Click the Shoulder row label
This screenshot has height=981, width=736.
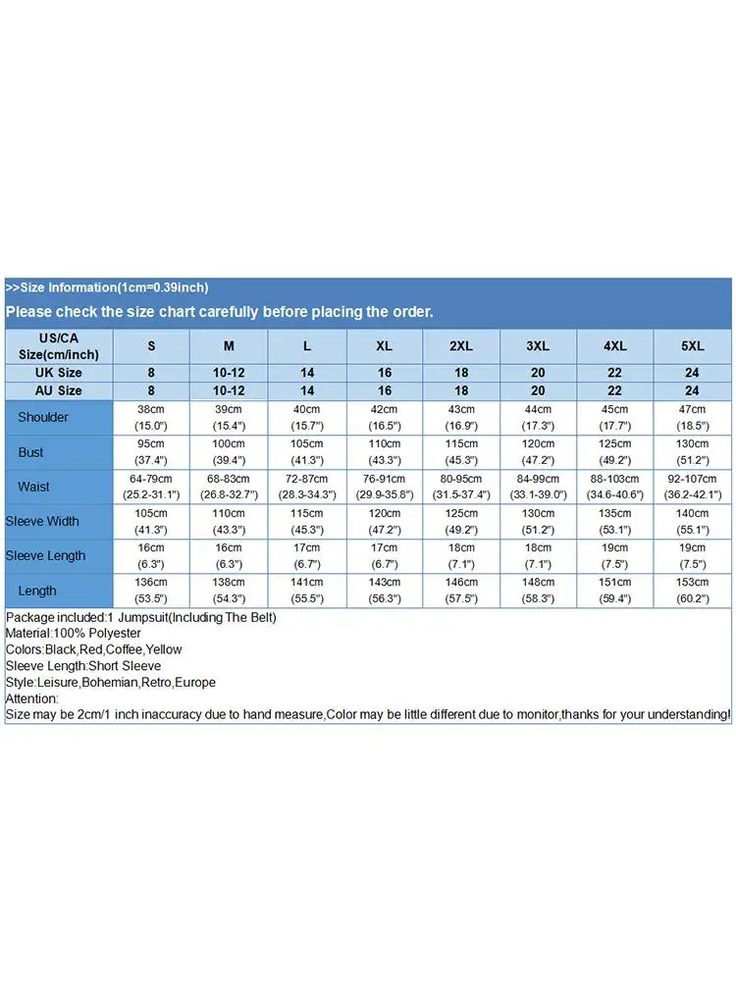[43, 417]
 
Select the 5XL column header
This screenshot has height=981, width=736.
[693, 346]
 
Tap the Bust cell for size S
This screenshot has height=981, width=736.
[151, 452]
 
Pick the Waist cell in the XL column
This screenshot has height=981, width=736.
[384, 487]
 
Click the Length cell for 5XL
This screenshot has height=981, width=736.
[693, 590]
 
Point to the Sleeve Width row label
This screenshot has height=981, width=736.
[42, 521]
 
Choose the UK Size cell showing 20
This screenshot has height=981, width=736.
[538, 373]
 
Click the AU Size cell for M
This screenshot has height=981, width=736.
[229, 390]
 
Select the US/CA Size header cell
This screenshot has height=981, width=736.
[58, 346]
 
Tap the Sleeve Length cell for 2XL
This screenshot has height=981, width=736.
[461, 555]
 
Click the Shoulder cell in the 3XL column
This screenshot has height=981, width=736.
[538, 417]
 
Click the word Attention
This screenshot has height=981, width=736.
[30, 698]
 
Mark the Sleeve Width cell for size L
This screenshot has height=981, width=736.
[306, 521]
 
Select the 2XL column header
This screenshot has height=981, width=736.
[461, 346]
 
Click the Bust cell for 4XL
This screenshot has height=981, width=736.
[615, 452]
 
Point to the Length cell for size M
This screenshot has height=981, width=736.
[229, 590]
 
